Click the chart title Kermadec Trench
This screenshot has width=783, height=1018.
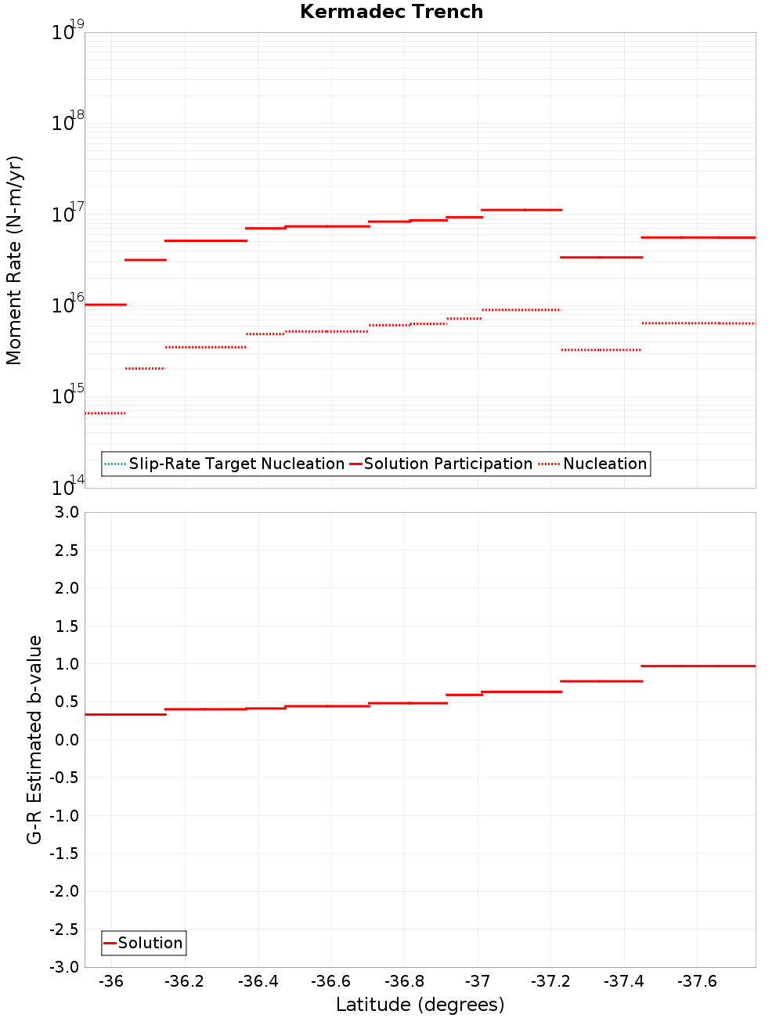(x=391, y=12)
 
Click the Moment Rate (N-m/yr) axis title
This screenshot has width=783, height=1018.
(x=14, y=260)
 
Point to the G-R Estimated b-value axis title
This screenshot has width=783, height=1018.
(x=34, y=739)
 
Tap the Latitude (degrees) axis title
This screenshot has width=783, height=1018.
(x=420, y=1005)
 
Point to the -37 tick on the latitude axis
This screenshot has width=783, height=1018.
(x=478, y=981)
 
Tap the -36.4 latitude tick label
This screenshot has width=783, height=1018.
(x=258, y=981)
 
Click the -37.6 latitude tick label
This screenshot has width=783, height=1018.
(x=697, y=981)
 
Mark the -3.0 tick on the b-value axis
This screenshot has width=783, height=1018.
(x=65, y=967)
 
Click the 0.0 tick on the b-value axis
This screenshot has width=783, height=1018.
(x=68, y=739)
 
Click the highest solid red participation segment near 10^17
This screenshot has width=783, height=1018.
(x=521, y=210)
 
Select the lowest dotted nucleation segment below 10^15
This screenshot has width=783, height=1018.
(x=105, y=413)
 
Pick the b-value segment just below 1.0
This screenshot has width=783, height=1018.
(x=698, y=666)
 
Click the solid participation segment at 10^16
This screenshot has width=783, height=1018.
(x=105, y=304)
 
